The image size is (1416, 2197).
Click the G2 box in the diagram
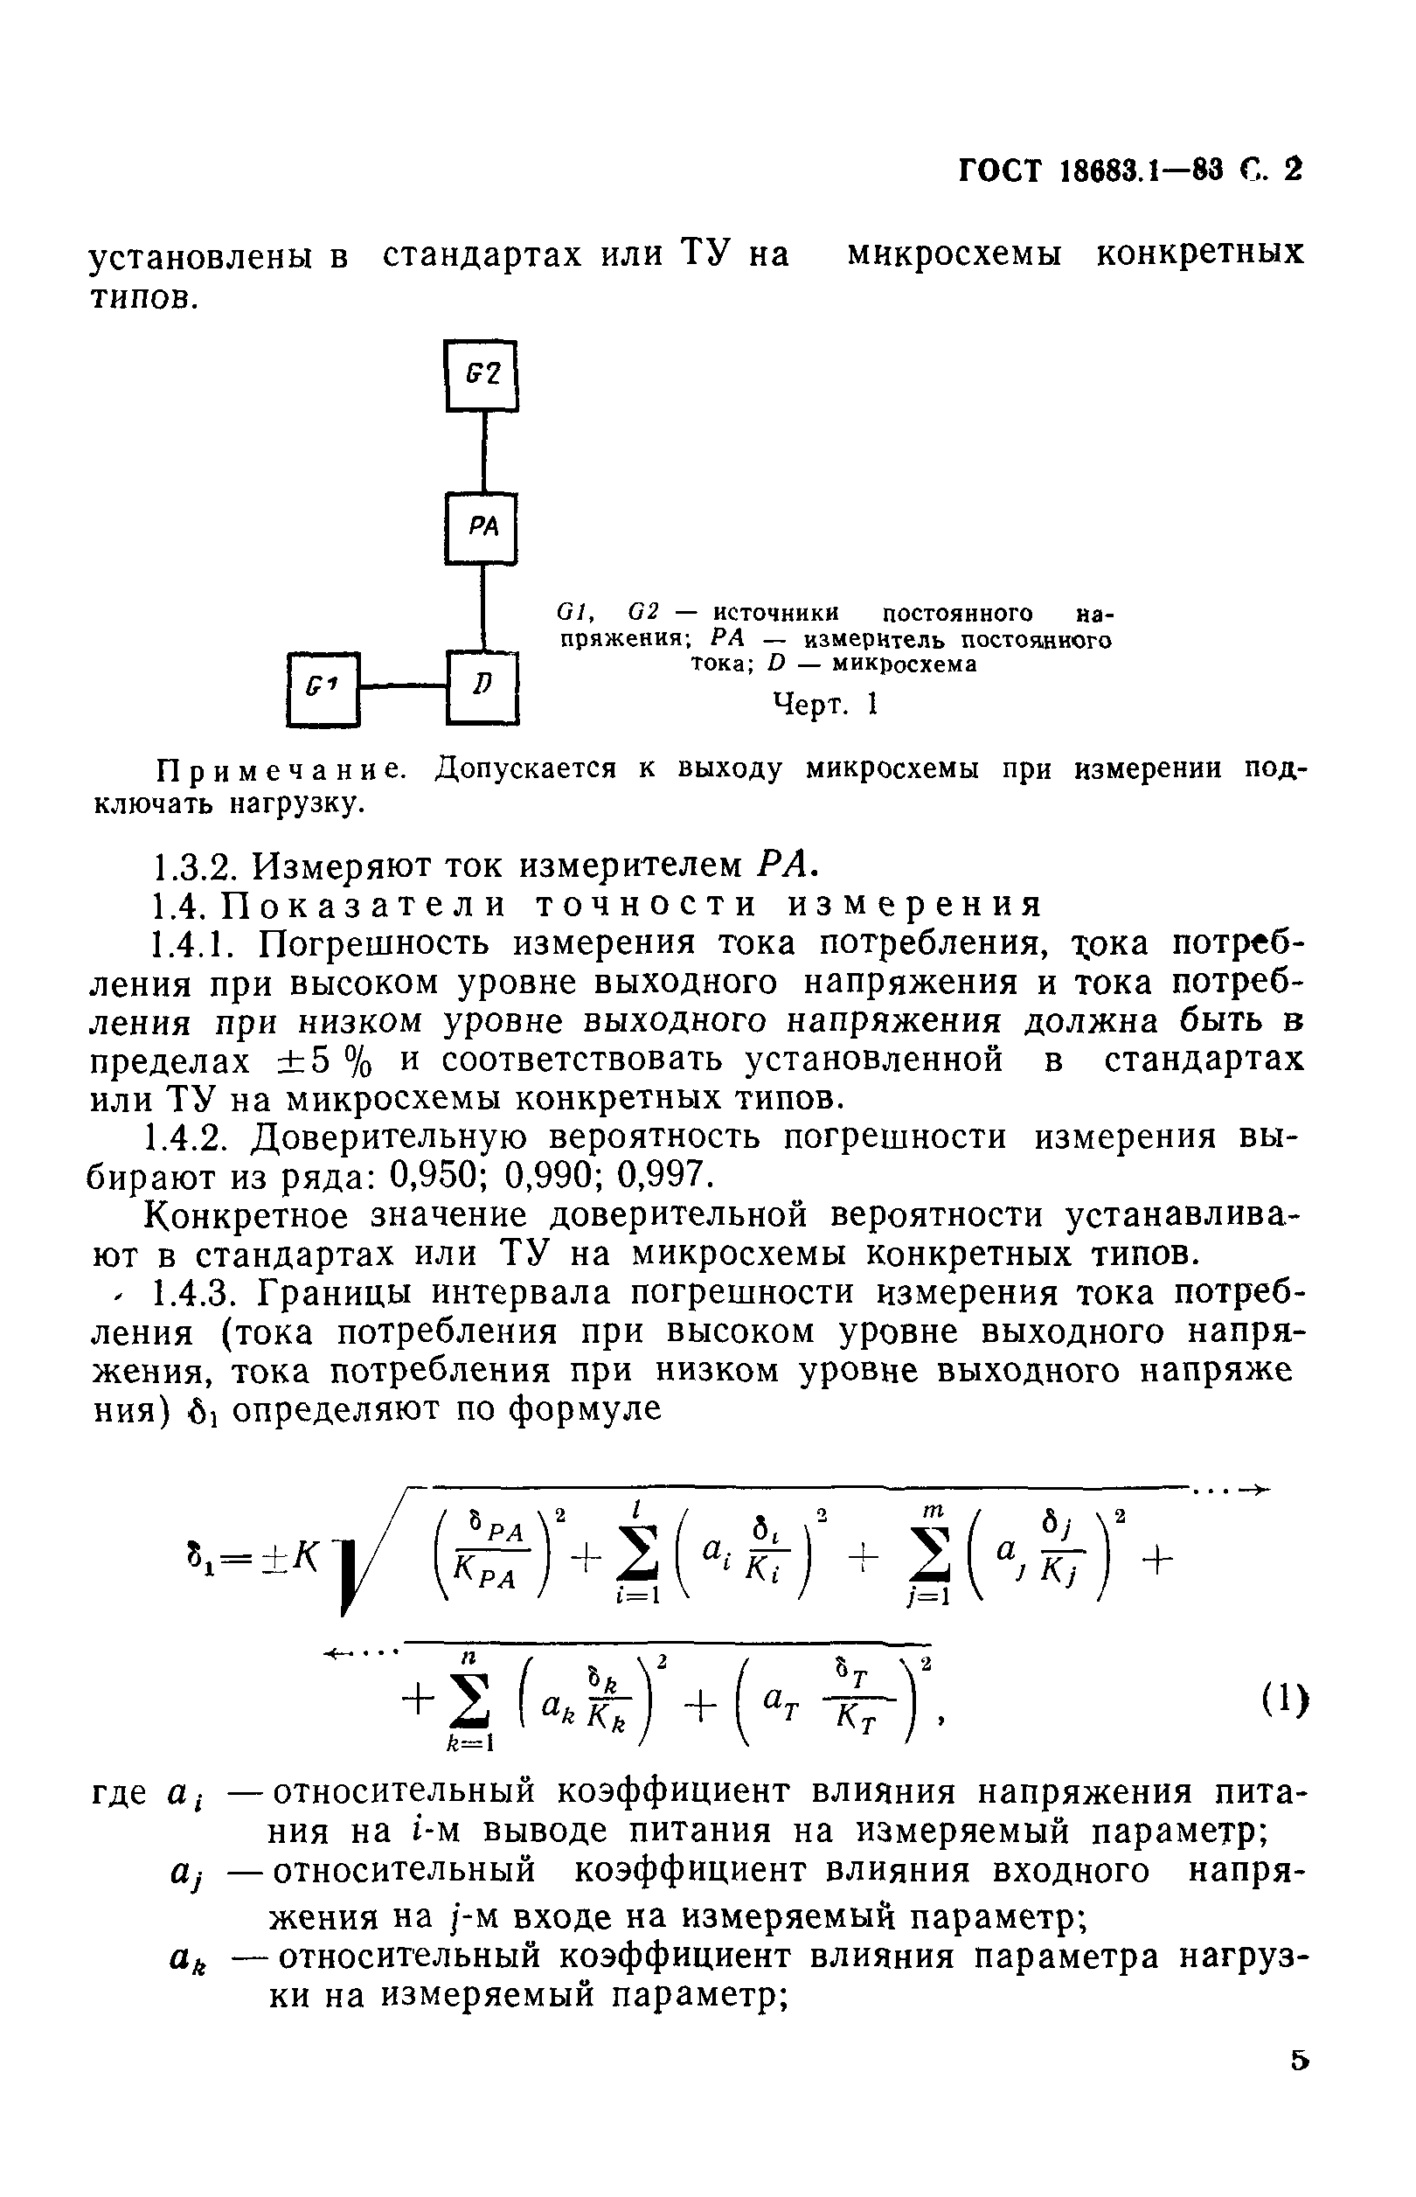point(482,376)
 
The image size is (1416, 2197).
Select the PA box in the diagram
point(482,528)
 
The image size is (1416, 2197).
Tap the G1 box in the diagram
point(323,688)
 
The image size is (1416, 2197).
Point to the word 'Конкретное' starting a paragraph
point(247,1216)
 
